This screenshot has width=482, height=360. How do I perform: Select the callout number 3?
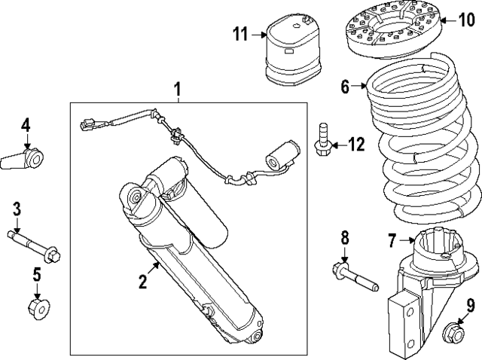(15, 209)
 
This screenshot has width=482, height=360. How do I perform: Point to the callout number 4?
(25, 124)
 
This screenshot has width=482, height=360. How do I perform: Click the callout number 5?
(36, 273)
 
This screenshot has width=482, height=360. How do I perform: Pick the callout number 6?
(346, 87)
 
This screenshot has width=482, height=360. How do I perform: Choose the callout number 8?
(344, 239)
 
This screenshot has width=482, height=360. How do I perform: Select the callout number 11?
(239, 33)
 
